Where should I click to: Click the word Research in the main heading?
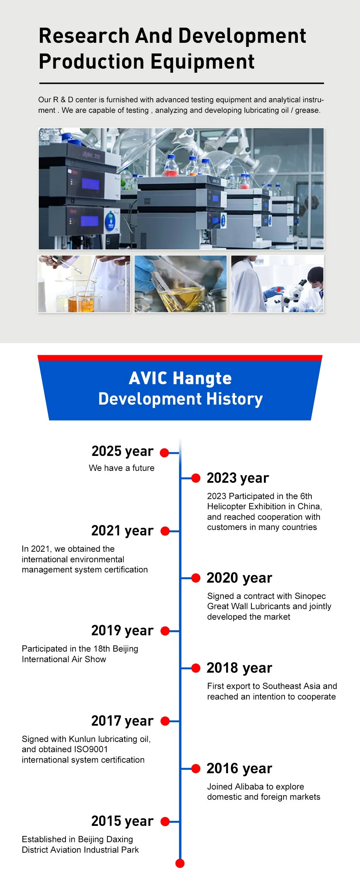[x=84, y=36]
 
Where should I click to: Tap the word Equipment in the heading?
[x=202, y=62]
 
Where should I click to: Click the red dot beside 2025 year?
[x=164, y=453]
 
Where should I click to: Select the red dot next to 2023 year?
[x=196, y=478]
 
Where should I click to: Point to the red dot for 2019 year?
[x=165, y=631]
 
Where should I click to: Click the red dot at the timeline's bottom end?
[x=180, y=863]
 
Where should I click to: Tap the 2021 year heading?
[x=122, y=531]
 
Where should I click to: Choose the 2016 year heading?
[x=239, y=768]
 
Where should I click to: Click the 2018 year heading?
[x=239, y=668]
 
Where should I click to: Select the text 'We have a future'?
[x=122, y=468]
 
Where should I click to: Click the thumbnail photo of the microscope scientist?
[x=277, y=284]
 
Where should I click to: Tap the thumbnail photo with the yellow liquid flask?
[x=181, y=284]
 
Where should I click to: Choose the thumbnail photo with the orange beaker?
[x=84, y=284]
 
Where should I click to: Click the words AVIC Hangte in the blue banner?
[x=180, y=378]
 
